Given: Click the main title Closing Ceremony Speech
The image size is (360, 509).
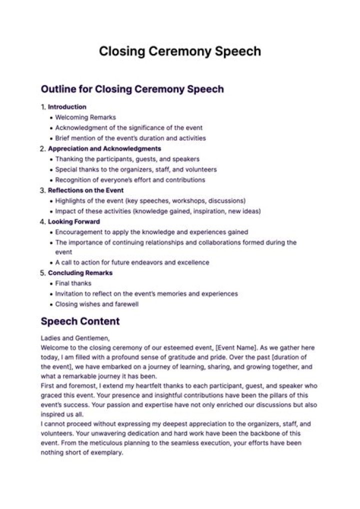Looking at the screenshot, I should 179,51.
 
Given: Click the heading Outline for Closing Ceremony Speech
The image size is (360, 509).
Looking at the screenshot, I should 132,89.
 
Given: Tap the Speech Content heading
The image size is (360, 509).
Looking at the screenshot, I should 80,321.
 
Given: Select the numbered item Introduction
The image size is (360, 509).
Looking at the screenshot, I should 67,107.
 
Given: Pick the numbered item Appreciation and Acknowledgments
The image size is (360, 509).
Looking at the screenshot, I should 104,148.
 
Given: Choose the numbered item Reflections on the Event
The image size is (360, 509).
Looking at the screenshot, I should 85,190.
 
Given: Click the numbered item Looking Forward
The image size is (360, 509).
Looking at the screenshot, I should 74,221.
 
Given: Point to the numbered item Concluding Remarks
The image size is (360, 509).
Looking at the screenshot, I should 80,273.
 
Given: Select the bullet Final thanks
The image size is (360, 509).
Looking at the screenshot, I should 73,283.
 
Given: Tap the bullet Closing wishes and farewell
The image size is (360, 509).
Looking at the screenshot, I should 96,304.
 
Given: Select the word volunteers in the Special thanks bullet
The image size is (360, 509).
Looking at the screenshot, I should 202,169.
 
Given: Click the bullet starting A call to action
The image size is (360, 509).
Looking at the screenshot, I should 132,262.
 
